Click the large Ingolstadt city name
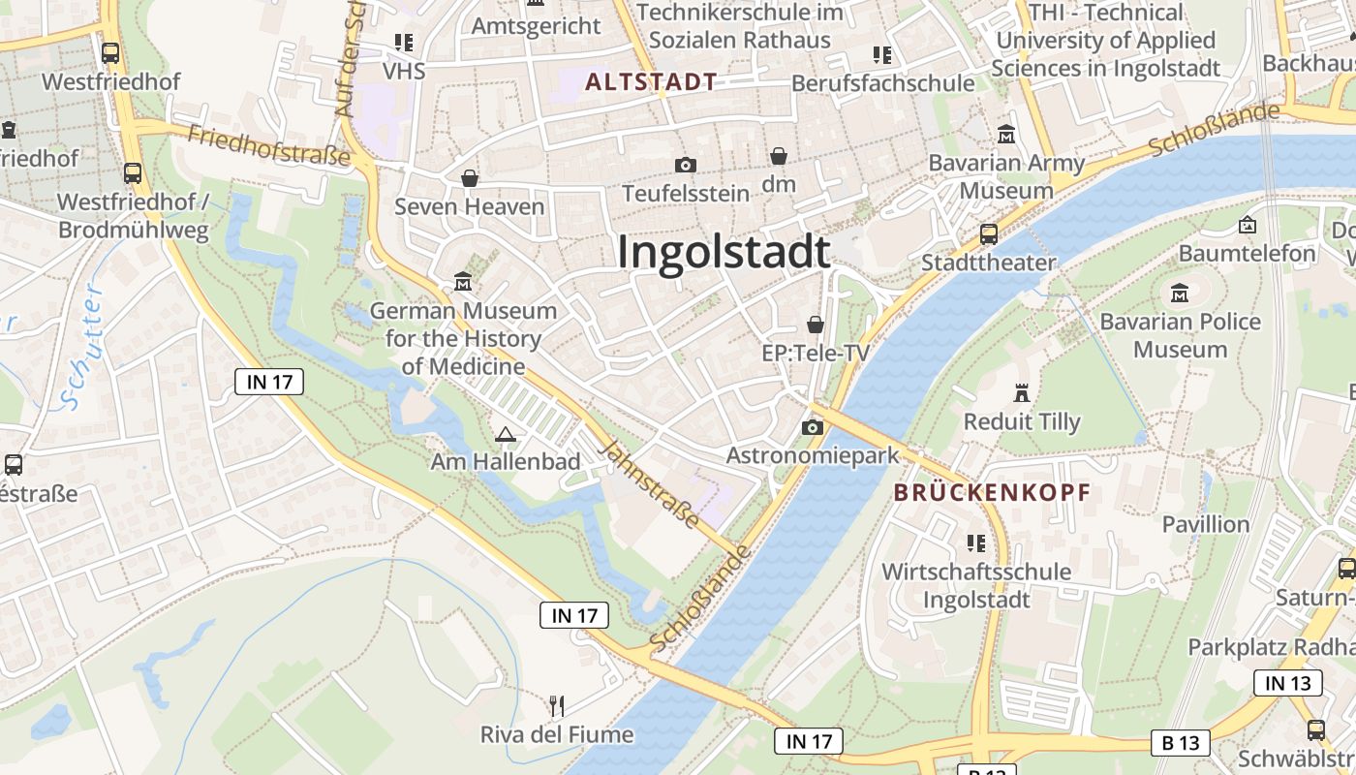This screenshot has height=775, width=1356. tap(724, 252)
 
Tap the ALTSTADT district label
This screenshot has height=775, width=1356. tap(651, 82)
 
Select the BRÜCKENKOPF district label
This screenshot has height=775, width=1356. tap(992, 492)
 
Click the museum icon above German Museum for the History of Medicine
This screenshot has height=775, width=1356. tap(463, 283)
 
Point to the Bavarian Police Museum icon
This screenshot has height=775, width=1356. tap(1180, 293)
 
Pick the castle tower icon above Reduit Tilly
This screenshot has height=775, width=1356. tap(1021, 393)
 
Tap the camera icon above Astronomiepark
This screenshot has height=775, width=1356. tap(813, 427)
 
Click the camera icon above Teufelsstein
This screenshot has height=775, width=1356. tap(686, 165)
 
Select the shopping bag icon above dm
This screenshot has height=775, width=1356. tap(779, 156)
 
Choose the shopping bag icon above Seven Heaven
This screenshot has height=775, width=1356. tap(470, 178)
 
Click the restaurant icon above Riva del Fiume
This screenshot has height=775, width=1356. tap(557, 705)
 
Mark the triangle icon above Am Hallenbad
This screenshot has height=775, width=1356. tap(505, 434)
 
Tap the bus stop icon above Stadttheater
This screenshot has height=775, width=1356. tap(988, 233)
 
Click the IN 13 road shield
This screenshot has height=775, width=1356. tap(1288, 683)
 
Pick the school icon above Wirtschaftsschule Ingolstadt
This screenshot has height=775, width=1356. tap(975, 542)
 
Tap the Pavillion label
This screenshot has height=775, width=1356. tap(1206, 524)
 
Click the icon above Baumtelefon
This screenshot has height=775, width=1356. tap(1248, 225)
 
